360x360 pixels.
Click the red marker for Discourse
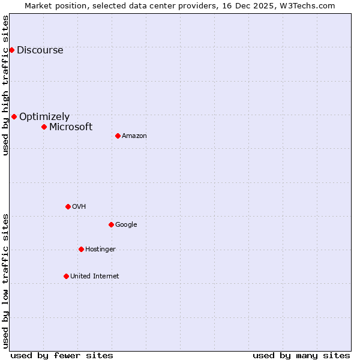[11, 50]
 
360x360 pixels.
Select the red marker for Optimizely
[14, 116]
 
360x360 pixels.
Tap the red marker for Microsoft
[44, 127]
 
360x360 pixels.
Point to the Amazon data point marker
[118, 136]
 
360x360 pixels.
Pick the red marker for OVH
[68, 206]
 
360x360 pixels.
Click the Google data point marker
[111, 224]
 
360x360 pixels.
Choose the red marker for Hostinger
[81, 249]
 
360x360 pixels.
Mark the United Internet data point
[66, 276]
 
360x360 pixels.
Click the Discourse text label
[40, 50]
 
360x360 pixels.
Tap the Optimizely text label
[44, 117]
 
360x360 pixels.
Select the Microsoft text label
[71, 127]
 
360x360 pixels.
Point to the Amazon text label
[134, 136]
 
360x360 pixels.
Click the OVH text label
[79, 207]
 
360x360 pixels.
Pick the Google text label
[126, 225]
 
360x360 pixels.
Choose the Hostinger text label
[100, 250]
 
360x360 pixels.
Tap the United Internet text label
[95, 277]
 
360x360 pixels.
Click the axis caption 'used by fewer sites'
[62, 355]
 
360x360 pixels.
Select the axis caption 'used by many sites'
[301, 355]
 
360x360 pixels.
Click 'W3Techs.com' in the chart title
[310, 5]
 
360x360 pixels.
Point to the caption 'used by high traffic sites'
[5, 85]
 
